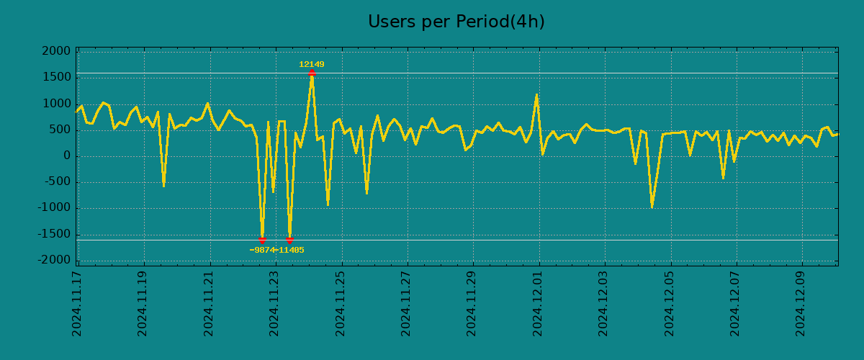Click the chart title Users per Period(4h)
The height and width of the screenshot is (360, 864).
[x=456, y=22]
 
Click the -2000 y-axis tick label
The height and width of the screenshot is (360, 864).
[x=57, y=260]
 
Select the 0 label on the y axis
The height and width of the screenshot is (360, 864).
[x=67, y=156]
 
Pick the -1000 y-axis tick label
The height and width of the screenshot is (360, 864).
[x=57, y=208]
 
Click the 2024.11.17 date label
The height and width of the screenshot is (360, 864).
[x=77, y=303]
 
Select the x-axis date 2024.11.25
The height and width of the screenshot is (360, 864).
[x=341, y=303]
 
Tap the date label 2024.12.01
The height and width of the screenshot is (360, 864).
[x=538, y=303]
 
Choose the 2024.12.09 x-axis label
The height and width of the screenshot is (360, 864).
[x=801, y=303]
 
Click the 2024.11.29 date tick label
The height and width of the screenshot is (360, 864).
[x=472, y=303]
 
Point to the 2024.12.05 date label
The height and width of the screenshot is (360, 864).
[x=670, y=303]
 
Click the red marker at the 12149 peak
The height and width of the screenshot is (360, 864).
[x=312, y=73]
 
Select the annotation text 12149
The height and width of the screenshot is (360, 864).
[x=312, y=65]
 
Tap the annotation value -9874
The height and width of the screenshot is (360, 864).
[x=262, y=251]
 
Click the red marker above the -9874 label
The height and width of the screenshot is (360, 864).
[x=262, y=240]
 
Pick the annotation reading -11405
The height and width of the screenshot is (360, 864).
[x=291, y=251]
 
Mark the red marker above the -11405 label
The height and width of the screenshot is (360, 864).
[x=289, y=240]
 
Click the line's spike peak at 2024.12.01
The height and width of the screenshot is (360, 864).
[x=537, y=94]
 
